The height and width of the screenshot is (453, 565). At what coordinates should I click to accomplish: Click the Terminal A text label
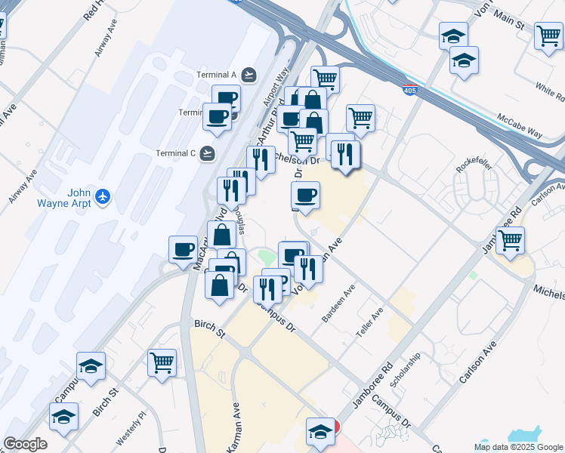(x=218, y=75)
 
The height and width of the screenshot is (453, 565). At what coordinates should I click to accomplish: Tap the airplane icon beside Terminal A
(x=249, y=75)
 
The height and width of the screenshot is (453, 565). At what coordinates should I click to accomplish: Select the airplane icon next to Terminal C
(x=208, y=153)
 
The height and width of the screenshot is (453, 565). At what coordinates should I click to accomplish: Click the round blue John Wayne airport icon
(x=103, y=198)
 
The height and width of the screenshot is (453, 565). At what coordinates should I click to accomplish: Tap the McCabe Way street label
(x=520, y=126)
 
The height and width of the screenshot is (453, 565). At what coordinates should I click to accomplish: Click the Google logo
(x=25, y=443)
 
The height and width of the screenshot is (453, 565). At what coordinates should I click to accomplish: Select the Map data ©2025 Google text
(x=518, y=447)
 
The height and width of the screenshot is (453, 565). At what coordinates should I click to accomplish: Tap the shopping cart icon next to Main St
(x=548, y=35)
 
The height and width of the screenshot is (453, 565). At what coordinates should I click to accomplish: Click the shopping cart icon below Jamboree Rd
(x=510, y=240)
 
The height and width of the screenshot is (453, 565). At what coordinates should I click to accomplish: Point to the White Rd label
(x=550, y=91)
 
